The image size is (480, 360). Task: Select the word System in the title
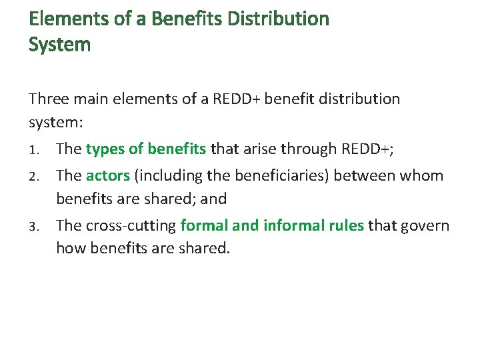(x=60, y=45)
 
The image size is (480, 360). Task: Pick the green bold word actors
(x=108, y=175)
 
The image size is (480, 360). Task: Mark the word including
(x=165, y=175)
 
